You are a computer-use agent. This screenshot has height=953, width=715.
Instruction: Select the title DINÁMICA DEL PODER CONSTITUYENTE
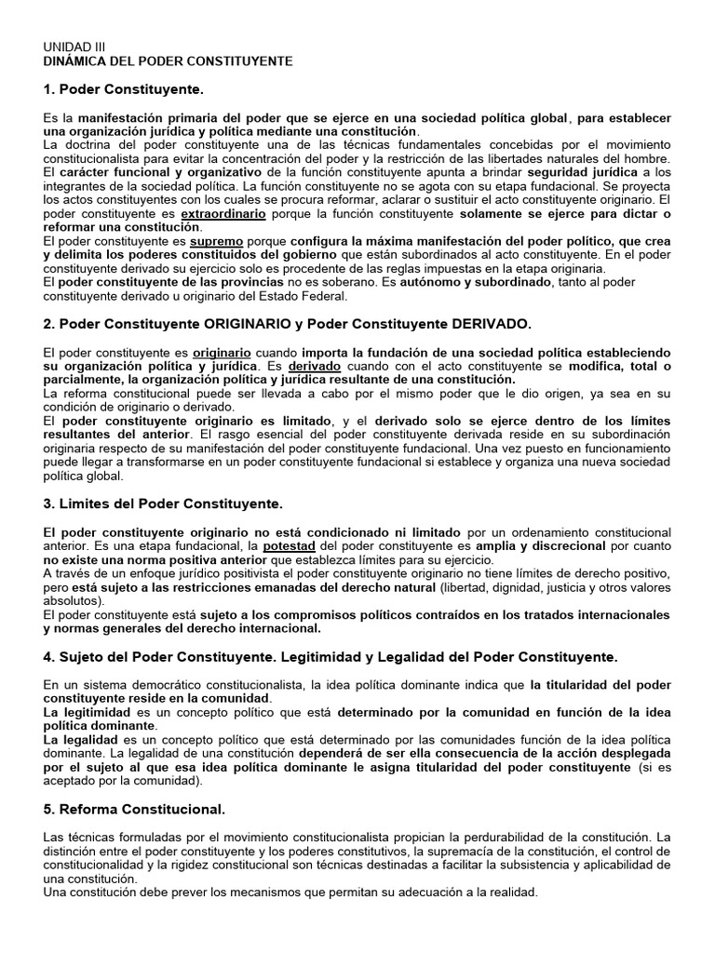(169, 60)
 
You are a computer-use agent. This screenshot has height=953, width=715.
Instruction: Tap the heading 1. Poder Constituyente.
(123, 89)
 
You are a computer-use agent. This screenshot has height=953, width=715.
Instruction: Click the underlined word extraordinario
(223, 213)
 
